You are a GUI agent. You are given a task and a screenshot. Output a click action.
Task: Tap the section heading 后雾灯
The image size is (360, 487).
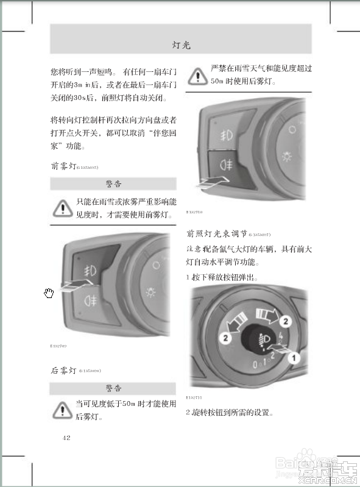[x=63, y=370]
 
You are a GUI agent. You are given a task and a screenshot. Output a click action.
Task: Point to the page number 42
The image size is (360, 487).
[x=67, y=437]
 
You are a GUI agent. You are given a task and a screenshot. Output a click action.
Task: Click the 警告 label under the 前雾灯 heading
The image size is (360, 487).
[x=113, y=183]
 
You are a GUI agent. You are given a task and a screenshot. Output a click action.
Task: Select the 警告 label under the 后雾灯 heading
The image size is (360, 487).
[x=113, y=388]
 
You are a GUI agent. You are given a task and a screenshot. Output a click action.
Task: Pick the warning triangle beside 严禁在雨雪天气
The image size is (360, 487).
[x=197, y=75]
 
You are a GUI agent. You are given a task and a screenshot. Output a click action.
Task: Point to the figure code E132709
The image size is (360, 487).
[x=58, y=346]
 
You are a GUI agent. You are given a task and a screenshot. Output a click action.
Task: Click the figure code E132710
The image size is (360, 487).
[x=194, y=212]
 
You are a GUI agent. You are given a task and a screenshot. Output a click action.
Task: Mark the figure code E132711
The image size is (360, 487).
[x=194, y=397]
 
